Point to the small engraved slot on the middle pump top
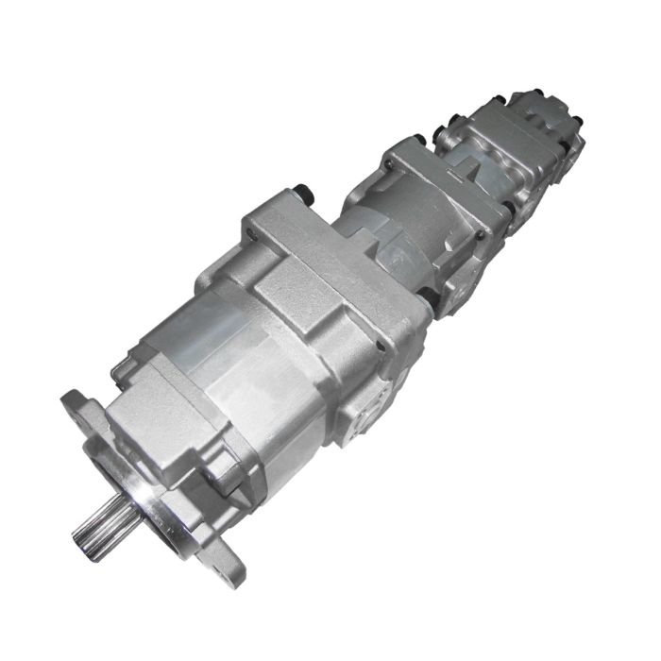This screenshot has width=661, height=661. pyautogui.click(x=469, y=171)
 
